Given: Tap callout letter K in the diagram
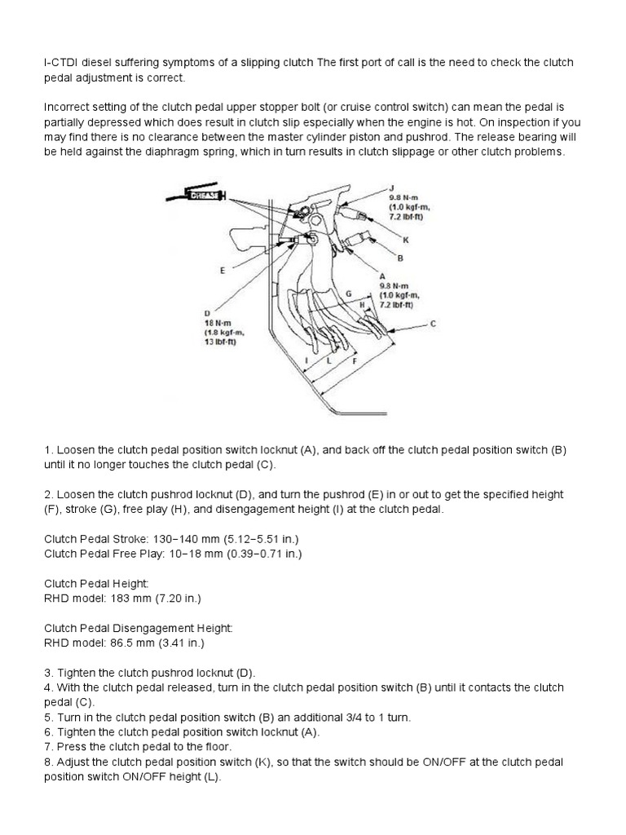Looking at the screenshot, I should click(405, 240).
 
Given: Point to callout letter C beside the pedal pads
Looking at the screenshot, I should click(432, 324).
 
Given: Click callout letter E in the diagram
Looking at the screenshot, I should click(221, 270).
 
